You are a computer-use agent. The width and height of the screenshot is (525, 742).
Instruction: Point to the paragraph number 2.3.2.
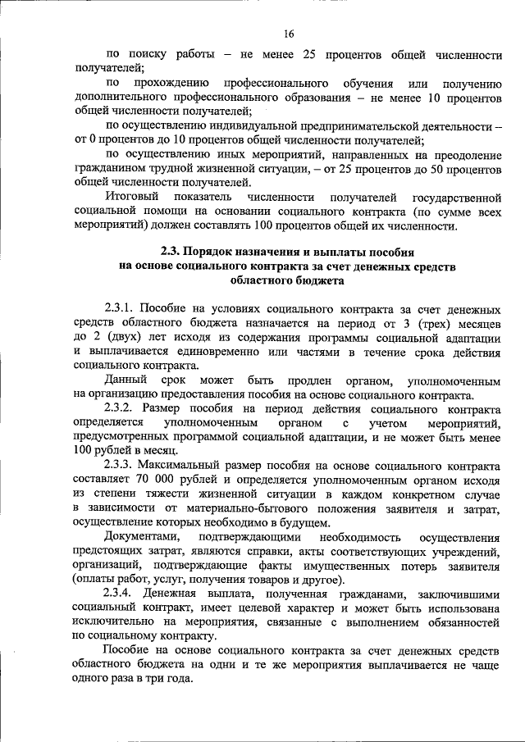pos(120,407)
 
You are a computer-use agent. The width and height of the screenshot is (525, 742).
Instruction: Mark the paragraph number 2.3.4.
pos(120,591)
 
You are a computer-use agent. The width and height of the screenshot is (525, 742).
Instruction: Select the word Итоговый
pos(132,198)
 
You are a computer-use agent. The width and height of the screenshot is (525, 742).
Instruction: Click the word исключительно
pos(113,620)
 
